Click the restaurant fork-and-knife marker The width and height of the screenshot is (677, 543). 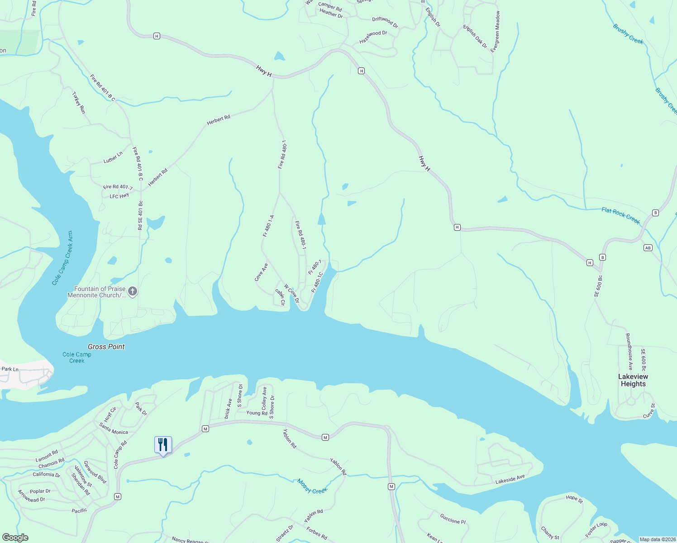click(163, 445)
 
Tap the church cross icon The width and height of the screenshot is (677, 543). click(133, 291)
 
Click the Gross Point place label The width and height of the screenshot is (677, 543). click(106, 347)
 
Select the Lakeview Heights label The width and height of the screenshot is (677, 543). click(633, 380)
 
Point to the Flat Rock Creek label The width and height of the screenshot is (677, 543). click(620, 215)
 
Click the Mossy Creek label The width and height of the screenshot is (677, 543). click(312, 486)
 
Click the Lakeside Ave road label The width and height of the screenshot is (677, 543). click(510, 480)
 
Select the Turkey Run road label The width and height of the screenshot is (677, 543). click(79, 103)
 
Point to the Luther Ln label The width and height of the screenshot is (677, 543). click(113, 157)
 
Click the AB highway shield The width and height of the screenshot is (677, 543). click(648, 248)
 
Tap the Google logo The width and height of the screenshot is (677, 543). click(15, 538)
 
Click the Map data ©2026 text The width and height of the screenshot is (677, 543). click(656, 539)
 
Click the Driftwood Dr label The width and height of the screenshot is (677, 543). click(385, 22)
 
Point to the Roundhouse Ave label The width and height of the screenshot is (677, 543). click(629, 352)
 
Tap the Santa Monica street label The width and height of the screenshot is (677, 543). click(114, 429)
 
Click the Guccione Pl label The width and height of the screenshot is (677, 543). click(453, 519)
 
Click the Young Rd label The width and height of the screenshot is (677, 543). click(257, 413)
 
